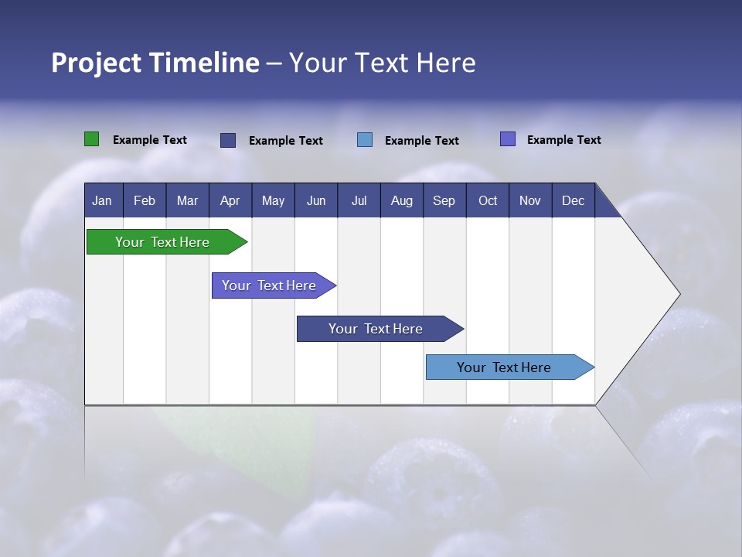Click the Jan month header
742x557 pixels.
click(102, 200)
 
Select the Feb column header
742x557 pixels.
click(145, 200)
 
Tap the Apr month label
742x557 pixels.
click(230, 200)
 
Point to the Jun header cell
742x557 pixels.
click(316, 200)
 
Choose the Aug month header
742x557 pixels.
click(401, 200)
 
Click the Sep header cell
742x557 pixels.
click(444, 200)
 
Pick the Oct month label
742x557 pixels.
click(488, 200)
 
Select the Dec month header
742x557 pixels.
click(573, 200)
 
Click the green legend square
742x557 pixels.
click(91, 139)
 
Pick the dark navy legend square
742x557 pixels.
click(228, 140)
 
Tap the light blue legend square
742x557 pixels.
click(365, 139)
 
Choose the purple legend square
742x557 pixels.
click(507, 139)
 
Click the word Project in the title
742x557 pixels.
click(96, 63)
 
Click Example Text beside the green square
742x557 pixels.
click(150, 140)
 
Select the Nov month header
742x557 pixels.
click(529, 200)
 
